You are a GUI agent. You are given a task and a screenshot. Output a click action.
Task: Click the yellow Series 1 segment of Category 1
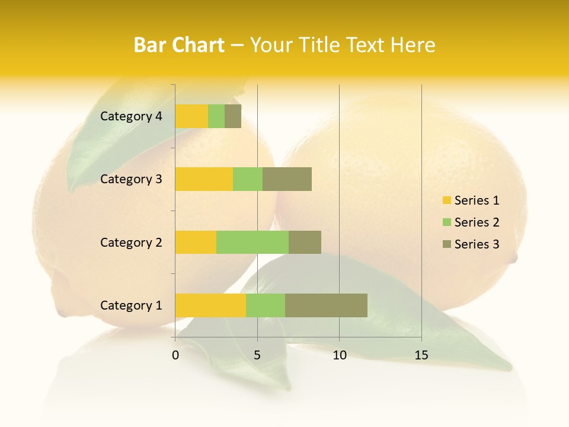click(x=210, y=305)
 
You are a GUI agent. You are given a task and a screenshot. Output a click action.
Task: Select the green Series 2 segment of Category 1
click(x=266, y=305)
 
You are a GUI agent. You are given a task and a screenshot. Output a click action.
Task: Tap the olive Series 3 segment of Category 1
click(x=326, y=305)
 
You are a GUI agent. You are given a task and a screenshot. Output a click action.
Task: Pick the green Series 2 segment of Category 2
click(x=252, y=242)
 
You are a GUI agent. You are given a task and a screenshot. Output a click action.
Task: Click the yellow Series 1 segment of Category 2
click(x=196, y=242)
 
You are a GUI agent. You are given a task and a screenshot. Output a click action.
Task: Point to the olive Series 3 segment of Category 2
click(x=305, y=242)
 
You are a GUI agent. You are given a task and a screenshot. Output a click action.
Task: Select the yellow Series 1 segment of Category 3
click(x=204, y=179)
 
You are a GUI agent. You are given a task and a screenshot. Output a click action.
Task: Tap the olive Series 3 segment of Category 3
click(x=287, y=179)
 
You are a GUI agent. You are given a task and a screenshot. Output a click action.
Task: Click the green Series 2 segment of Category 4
click(x=216, y=116)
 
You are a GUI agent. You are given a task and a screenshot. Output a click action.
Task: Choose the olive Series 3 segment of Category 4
click(x=233, y=116)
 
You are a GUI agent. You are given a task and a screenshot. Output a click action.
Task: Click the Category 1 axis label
click(x=131, y=305)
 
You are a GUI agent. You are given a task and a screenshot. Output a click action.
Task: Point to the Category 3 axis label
click(x=131, y=179)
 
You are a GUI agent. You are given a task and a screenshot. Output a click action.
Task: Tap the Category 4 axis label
click(x=131, y=116)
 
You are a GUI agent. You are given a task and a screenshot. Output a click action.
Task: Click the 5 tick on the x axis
click(x=257, y=355)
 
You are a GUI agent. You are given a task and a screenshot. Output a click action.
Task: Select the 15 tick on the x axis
click(x=421, y=355)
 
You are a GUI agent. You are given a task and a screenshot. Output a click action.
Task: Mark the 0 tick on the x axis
click(x=175, y=355)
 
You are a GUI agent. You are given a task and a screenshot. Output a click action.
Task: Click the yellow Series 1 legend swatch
click(x=446, y=200)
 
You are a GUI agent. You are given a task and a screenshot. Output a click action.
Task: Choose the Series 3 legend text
click(x=477, y=244)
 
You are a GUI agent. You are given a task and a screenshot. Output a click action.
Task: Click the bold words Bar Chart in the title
click(x=179, y=45)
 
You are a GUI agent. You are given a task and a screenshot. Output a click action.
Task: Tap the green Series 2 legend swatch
click(x=446, y=222)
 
